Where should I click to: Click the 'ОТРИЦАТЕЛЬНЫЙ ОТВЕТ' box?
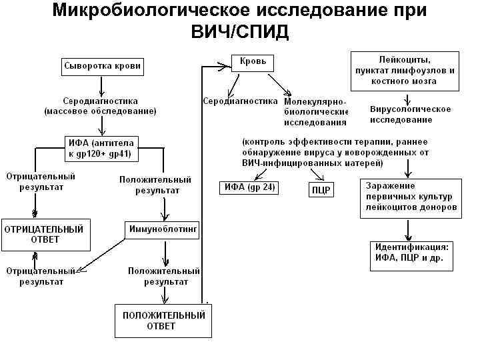(45, 234)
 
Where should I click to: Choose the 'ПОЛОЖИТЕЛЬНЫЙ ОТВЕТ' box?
(163, 321)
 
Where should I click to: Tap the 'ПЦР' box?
(321, 190)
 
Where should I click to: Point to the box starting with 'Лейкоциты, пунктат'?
(404, 70)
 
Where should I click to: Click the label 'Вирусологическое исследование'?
(410, 114)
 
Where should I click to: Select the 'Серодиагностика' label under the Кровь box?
(239, 101)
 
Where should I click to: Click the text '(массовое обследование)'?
(100, 111)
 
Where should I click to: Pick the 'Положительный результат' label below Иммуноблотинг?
(164, 277)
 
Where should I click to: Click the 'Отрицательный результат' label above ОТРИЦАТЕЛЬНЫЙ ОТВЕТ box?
(41, 182)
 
